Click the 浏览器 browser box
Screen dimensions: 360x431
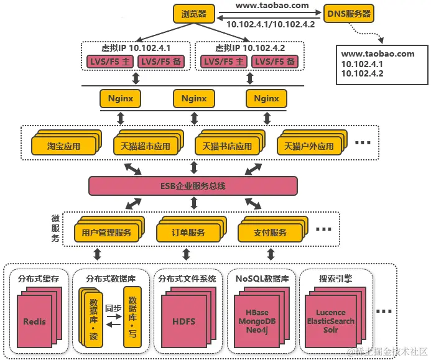193,13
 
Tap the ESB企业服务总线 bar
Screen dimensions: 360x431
193,185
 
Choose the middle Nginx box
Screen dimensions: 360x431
193,98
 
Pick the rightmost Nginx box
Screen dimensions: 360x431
266,98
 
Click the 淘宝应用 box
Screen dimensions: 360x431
63,147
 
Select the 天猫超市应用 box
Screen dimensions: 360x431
146,147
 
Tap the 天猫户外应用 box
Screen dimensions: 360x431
308,147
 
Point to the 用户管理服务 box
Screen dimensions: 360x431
106,233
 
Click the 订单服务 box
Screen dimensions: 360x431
188,233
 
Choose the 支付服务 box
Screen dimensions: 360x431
270,233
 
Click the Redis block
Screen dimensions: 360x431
34,321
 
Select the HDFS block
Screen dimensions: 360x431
183,321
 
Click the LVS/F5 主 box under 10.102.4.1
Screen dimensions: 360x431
108,61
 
